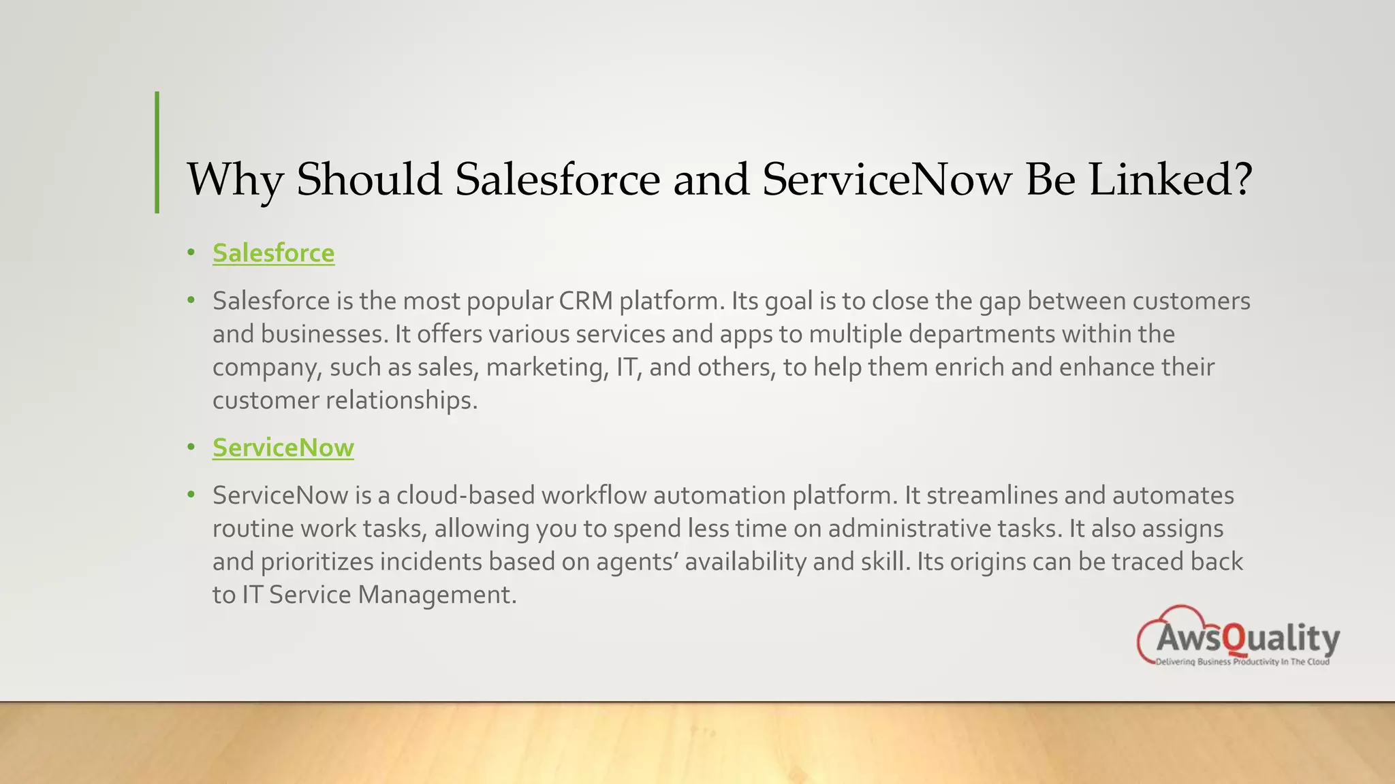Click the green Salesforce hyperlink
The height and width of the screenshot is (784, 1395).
[x=273, y=253]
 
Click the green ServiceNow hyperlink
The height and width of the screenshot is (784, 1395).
[x=283, y=448]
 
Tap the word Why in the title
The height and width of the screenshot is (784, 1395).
[x=234, y=180]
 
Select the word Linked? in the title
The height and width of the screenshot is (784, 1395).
[x=1170, y=180]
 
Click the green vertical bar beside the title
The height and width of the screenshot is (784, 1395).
[x=157, y=152]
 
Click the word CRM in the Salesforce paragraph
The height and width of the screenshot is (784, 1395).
[x=585, y=301]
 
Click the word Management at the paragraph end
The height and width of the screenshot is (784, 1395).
[x=437, y=595]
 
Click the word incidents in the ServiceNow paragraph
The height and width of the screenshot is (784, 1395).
[x=430, y=562]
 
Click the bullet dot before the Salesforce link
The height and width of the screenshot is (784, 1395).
[x=191, y=253]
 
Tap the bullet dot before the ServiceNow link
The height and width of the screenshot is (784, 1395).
[x=191, y=448]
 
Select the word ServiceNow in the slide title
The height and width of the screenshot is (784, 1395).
[x=887, y=180]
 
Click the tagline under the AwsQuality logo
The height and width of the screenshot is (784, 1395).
[x=1242, y=662]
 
